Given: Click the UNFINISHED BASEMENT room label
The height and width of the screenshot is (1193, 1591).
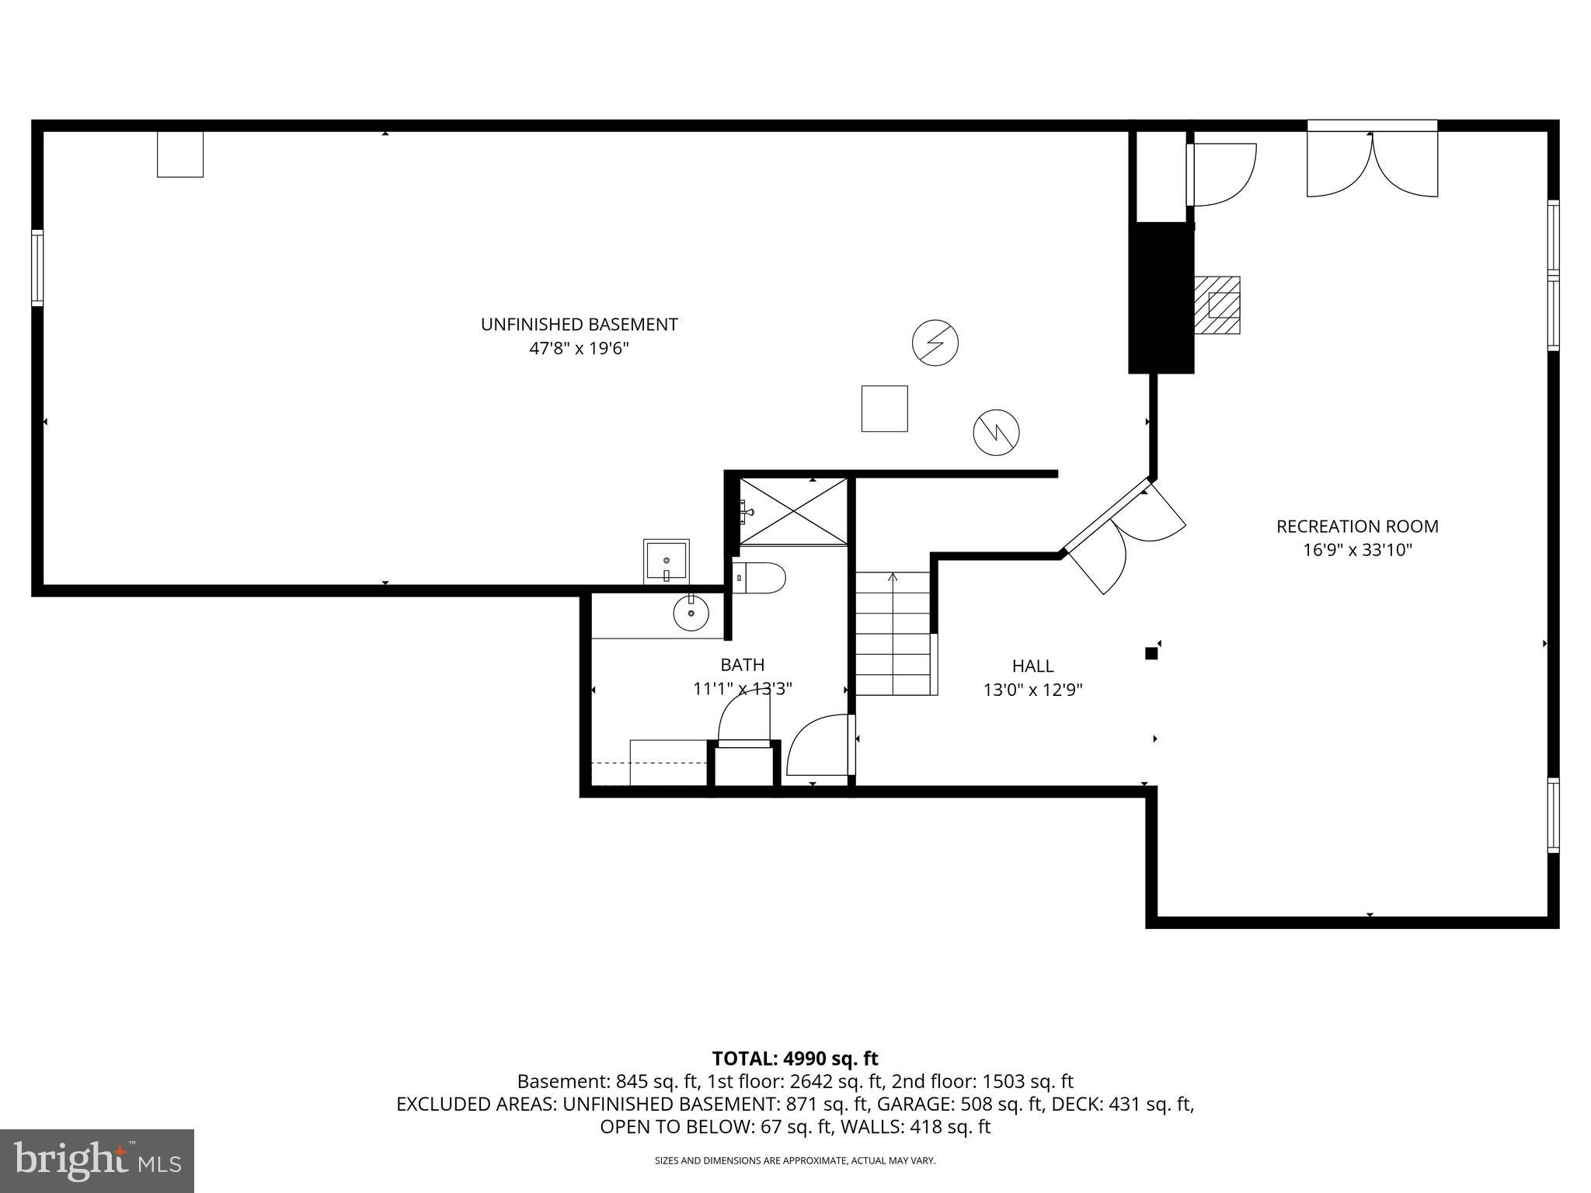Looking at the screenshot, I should pos(579,325).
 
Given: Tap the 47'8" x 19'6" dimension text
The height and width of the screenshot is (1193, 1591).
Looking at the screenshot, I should pos(579,349).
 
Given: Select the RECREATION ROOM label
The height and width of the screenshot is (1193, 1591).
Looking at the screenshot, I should pos(1357,527).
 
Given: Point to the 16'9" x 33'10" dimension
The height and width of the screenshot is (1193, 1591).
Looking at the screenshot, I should pos(1357,550).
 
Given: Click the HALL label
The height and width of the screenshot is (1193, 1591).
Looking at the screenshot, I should pos(1032,666).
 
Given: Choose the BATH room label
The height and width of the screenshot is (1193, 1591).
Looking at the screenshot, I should pos(742,665).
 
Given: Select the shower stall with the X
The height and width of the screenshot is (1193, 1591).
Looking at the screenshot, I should pos(792,511).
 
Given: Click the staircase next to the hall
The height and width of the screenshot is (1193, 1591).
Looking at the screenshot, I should pos(893,633).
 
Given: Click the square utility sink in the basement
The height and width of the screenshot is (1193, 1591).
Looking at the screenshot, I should pos(666,561).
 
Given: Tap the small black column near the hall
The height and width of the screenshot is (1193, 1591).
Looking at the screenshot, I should pos(1151,653).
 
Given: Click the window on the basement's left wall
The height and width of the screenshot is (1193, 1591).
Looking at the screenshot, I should pos(37,267).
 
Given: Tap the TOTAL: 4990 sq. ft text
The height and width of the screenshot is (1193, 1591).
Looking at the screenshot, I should pos(795,1059).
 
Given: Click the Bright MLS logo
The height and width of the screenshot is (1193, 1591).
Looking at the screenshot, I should pos(97,1160).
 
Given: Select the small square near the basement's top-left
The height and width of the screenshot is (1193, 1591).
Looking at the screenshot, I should pos(180,154).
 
